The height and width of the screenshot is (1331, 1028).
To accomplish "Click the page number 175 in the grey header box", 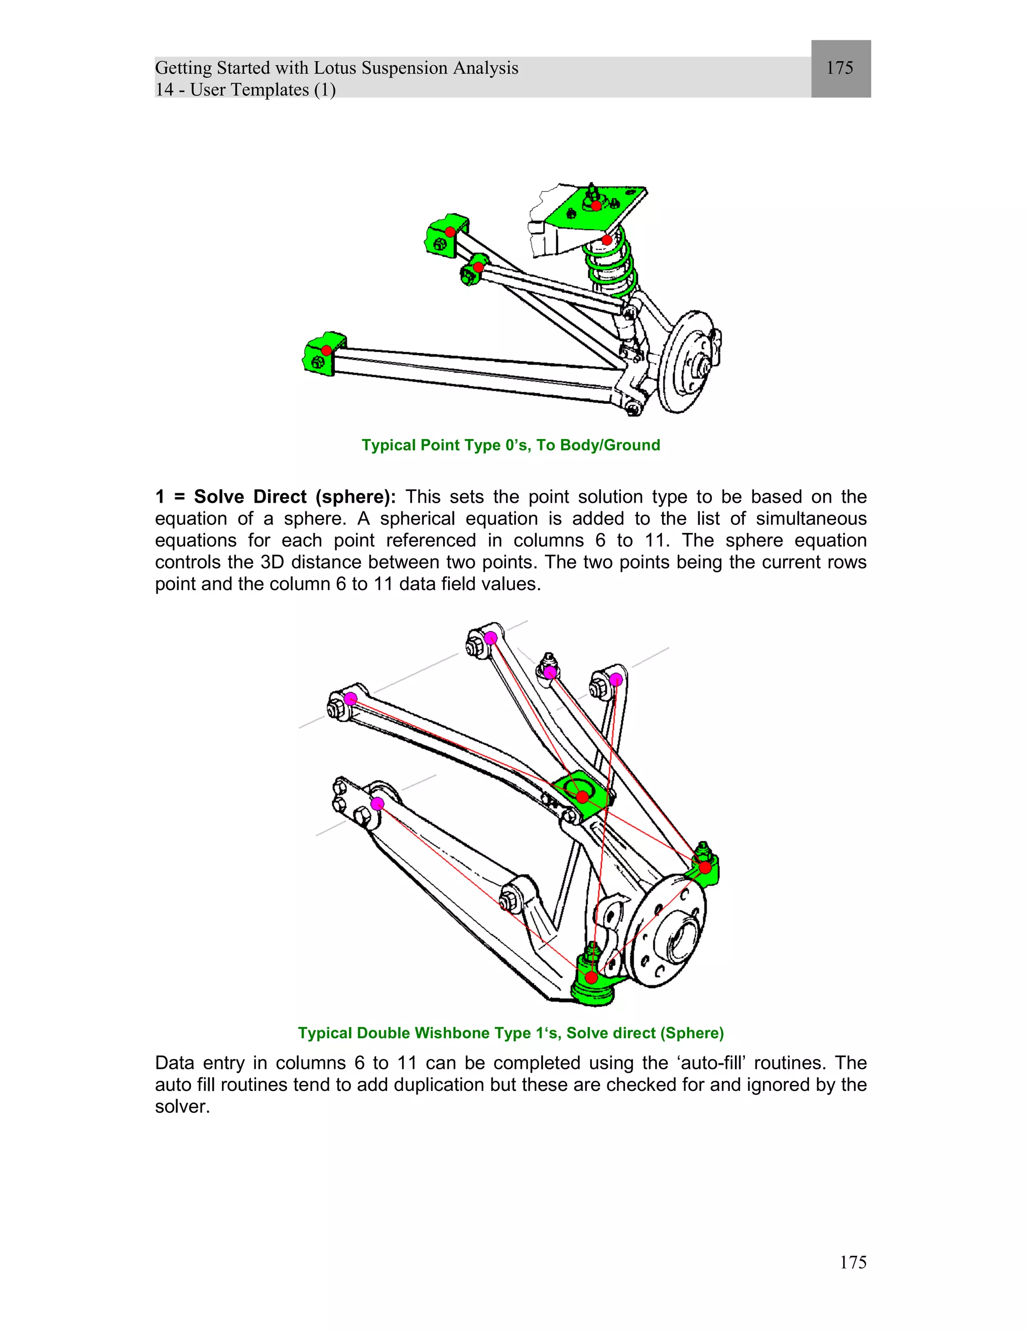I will pyautogui.click(x=839, y=68).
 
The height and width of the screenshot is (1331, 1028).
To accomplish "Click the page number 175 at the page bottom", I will pyautogui.click(x=853, y=1262).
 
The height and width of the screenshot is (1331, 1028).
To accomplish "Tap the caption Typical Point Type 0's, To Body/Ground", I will pyautogui.click(x=510, y=445).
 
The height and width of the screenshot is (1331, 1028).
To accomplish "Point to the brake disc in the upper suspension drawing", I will pyautogui.click(x=687, y=363).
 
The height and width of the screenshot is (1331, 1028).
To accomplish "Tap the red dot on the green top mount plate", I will pyautogui.click(x=596, y=206).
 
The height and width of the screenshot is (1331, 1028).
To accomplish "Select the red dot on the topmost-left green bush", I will pyautogui.click(x=449, y=232).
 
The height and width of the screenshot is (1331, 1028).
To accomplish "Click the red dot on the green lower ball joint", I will pyautogui.click(x=591, y=978).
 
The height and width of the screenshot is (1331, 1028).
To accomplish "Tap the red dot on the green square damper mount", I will pyautogui.click(x=582, y=797).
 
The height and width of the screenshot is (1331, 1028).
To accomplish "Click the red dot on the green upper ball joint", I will pyautogui.click(x=705, y=867).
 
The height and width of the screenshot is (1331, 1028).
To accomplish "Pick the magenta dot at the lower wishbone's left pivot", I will pyautogui.click(x=377, y=804).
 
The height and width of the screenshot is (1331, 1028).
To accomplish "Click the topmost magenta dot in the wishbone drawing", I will pyautogui.click(x=491, y=638).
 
